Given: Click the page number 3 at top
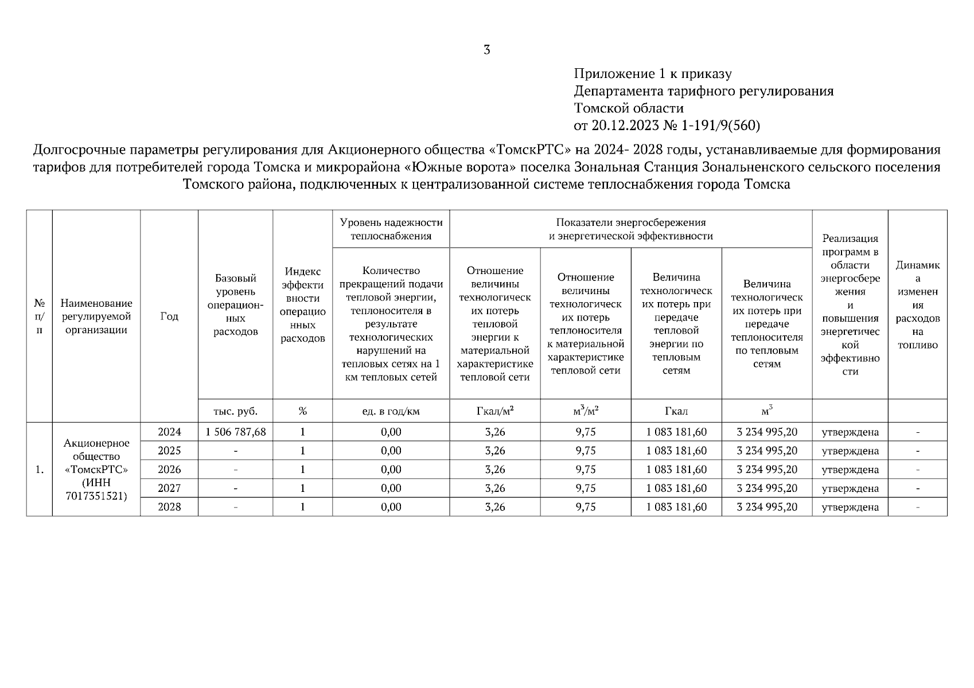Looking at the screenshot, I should click(x=486, y=50).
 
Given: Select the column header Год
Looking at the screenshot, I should click(x=169, y=316).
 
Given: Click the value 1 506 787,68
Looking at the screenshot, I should click(x=235, y=432).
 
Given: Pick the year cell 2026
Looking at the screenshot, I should click(x=169, y=470).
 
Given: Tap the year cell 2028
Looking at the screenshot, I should click(x=169, y=507).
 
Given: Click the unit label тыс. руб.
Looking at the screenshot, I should click(x=235, y=412).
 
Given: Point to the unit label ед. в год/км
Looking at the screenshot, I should click(x=391, y=412).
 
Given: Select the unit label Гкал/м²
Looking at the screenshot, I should click(x=495, y=412).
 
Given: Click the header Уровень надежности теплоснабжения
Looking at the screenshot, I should click(x=391, y=229).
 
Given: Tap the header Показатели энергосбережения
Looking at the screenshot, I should click(x=630, y=222).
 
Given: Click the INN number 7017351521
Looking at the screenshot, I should click(x=96, y=497).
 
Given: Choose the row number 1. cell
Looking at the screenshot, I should click(x=39, y=470).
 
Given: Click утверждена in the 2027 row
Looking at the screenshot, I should click(x=850, y=488).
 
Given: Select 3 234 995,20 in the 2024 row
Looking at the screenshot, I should click(x=766, y=432).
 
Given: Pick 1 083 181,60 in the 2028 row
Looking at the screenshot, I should click(x=676, y=507).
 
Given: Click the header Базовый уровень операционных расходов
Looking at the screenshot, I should click(x=235, y=304).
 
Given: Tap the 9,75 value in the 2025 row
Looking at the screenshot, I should click(x=585, y=451).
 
